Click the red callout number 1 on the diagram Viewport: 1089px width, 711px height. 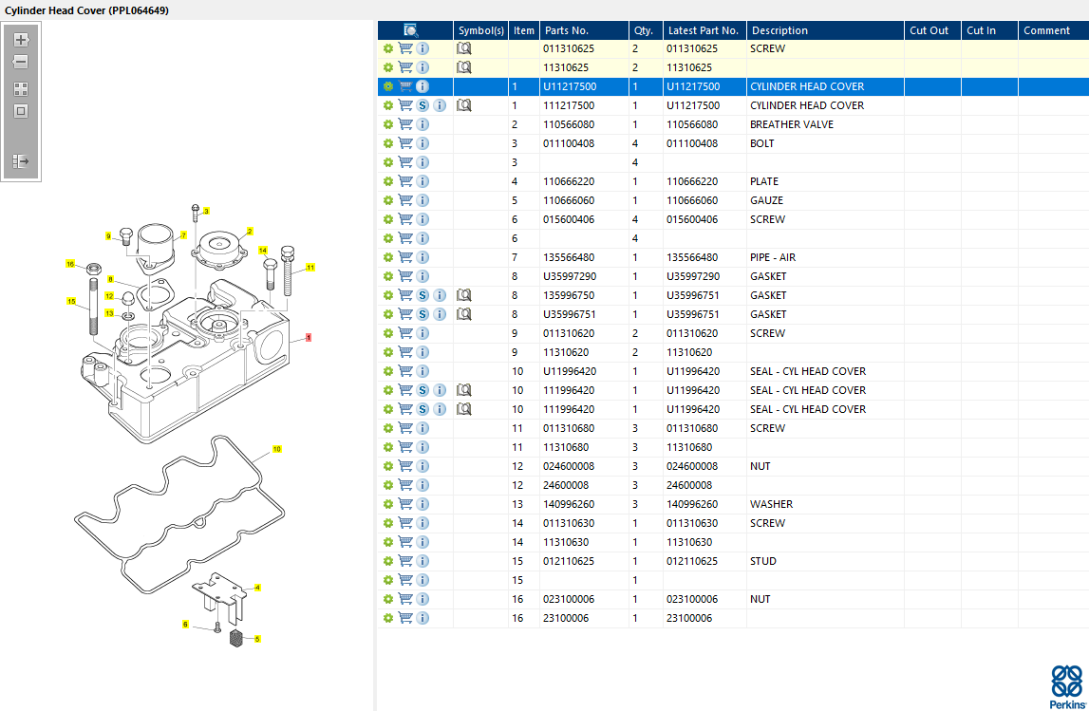click(x=309, y=338)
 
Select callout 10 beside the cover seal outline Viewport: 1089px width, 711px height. click(x=277, y=448)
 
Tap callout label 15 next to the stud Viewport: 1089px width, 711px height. click(x=70, y=302)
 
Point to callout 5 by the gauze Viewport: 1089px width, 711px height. click(x=256, y=639)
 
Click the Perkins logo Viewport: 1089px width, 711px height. click(x=1065, y=686)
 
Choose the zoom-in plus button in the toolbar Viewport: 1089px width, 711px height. click(x=21, y=40)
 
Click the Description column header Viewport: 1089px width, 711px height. click(x=779, y=30)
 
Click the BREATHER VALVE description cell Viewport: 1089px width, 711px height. click(x=791, y=124)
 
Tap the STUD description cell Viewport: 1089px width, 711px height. click(x=763, y=561)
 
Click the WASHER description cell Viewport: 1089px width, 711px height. click(x=771, y=504)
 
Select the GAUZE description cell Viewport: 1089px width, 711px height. click(x=766, y=200)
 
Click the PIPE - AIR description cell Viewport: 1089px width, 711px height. click(x=772, y=257)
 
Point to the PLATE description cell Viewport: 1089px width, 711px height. click(x=763, y=181)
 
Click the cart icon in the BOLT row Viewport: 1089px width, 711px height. click(x=405, y=143)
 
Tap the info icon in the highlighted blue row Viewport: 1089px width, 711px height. click(x=422, y=86)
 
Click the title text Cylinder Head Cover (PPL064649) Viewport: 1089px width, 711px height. click(x=88, y=9)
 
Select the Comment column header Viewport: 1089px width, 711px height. click(x=1046, y=30)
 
